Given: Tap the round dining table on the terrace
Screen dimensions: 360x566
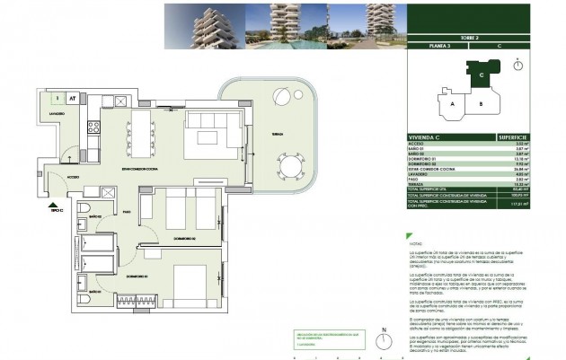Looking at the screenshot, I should (290, 166).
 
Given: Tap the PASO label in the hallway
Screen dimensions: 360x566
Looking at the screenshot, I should (127, 212).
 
